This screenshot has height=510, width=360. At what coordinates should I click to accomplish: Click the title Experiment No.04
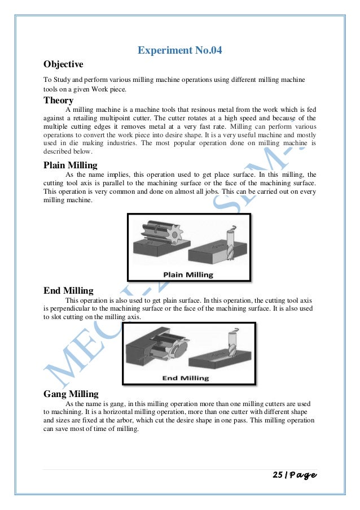pos(180,51)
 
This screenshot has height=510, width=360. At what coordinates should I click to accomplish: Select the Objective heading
pos(63,64)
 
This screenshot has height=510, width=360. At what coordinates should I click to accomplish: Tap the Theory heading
pos(59,100)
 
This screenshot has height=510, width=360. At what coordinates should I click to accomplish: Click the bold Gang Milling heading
pos(71,394)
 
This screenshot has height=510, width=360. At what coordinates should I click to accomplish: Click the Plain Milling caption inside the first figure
pos(189,274)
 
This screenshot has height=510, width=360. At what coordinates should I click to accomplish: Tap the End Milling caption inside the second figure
pos(186,378)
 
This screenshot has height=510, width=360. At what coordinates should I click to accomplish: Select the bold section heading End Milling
pos(68,291)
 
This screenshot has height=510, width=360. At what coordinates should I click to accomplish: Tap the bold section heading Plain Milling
pos(71,165)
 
